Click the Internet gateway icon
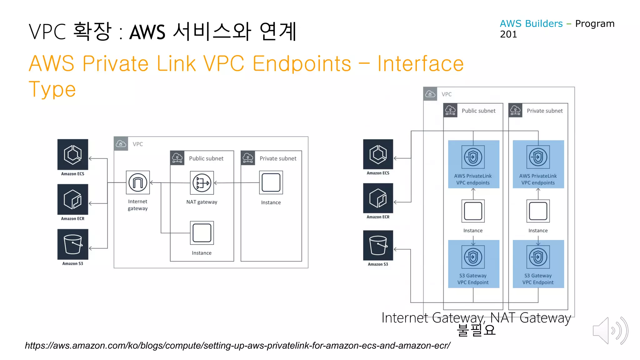pyautogui.click(x=138, y=182)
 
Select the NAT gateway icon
pyautogui.click(x=202, y=183)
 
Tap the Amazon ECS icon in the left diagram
pyautogui.click(x=73, y=154)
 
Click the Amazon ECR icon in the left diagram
pyautogui.click(x=73, y=199)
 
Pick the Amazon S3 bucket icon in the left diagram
pyautogui.click(x=73, y=244)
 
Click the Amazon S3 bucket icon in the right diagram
pyautogui.click(x=378, y=245)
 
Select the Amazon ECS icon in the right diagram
pyautogui.click(x=378, y=154)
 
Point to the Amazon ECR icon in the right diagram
pyautogui.click(x=378, y=198)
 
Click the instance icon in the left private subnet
pyautogui.click(x=271, y=182)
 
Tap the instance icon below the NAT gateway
pyautogui.click(x=202, y=233)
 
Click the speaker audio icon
pyautogui.click(x=610, y=331)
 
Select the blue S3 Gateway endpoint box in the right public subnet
pyautogui.click(x=473, y=264)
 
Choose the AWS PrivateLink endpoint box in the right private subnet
pyautogui.click(x=538, y=164)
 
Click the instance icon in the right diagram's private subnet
pyautogui.click(x=538, y=211)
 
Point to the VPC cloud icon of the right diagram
pyautogui.click(x=430, y=94)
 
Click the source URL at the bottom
pyautogui.click(x=237, y=346)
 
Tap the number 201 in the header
pyautogui.click(x=508, y=34)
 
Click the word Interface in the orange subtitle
pyautogui.click(x=420, y=64)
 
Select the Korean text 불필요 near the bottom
pyautogui.click(x=476, y=330)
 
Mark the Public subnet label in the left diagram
pyautogui.click(x=206, y=158)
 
